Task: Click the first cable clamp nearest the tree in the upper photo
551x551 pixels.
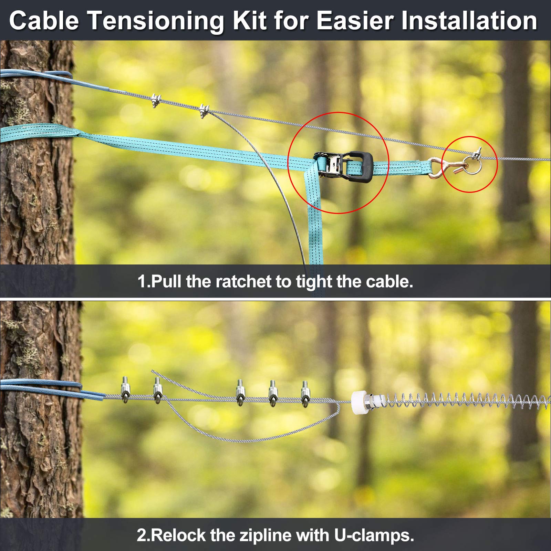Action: (x=156, y=101)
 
